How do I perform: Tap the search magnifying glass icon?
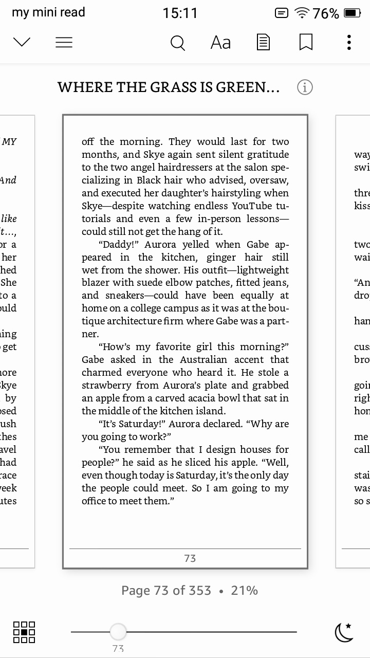click(x=177, y=43)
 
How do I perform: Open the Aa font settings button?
click(x=220, y=43)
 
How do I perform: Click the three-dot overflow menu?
click(x=349, y=43)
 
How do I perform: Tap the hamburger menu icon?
click(x=64, y=43)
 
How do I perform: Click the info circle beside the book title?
click(x=305, y=87)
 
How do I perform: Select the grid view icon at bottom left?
click(x=24, y=632)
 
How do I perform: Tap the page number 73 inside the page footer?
click(x=190, y=558)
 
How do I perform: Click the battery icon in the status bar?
click(x=353, y=13)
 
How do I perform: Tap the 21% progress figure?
click(x=244, y=591)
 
